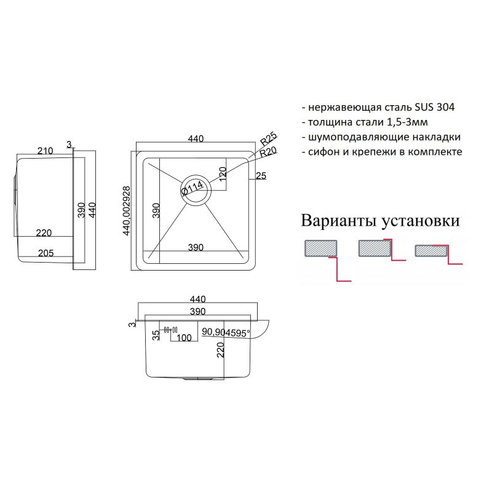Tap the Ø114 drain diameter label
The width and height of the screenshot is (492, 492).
(x=192, y=188)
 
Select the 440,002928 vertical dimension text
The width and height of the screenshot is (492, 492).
(x=127, y=210)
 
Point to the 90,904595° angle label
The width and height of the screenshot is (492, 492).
(x=225, y=333)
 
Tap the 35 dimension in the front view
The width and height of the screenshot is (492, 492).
(x=156, y=335)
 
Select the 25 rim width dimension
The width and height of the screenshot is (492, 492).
(x=260, y=177)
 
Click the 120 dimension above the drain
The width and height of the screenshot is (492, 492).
(x=223, y=172)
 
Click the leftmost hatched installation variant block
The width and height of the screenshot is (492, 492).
(x=319, y=248)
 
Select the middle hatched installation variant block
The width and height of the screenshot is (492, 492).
(x=374, y=248)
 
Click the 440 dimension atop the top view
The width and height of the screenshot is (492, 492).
(x=196, y=139)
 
